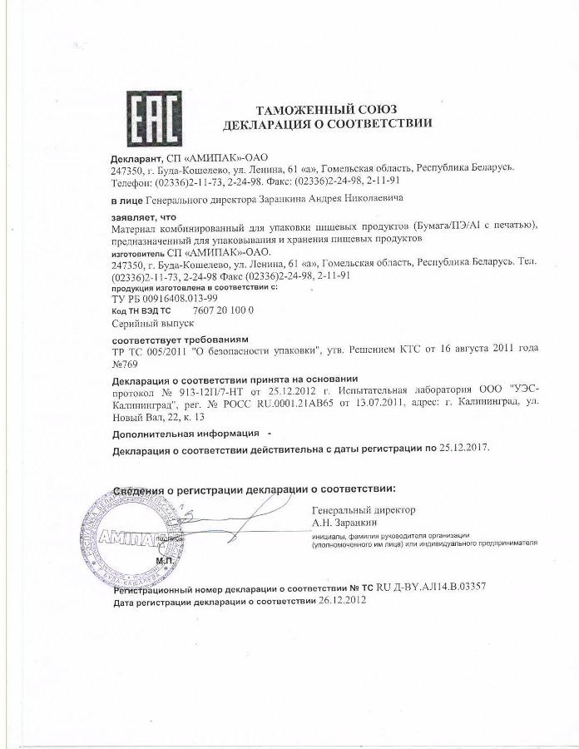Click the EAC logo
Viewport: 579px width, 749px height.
156,118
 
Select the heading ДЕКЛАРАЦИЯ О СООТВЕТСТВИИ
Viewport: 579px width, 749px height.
328,124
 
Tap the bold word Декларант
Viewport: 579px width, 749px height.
136,156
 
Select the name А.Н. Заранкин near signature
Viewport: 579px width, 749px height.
345,522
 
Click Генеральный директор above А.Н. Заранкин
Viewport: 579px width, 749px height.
364,510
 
